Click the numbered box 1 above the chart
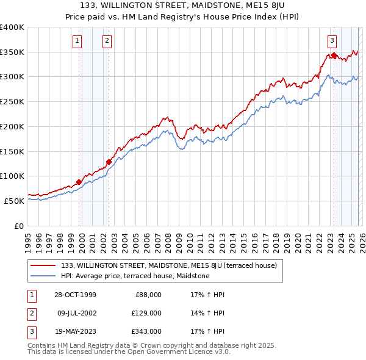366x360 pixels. (78, 41)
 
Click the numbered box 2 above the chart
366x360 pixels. (107, 41)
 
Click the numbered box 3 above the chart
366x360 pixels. (332, 41)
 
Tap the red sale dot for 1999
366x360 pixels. (79, 182)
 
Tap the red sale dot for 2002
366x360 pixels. (109, 162)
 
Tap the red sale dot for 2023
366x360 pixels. (334, 56)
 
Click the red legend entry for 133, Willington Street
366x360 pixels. (169, 265)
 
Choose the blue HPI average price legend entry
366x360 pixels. (135, 276)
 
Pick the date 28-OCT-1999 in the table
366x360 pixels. (74, 295)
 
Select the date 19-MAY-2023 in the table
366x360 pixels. (74, 331)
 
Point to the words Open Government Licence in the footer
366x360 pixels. (171, 351)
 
